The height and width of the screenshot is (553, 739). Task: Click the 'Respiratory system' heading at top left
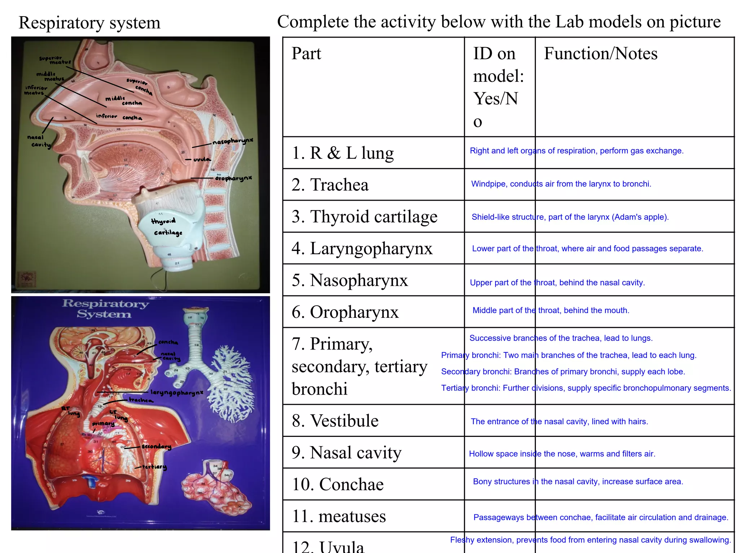point(89,23)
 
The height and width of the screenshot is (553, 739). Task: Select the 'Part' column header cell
point(306,54)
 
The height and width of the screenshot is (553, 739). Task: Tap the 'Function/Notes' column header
point(600,54)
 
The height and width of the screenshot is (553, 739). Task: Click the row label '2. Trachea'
point(330,185)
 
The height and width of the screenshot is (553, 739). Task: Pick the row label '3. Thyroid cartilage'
point(364,217)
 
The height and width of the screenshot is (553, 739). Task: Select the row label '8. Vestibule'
point(335,421)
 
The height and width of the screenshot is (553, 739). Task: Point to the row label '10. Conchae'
point(337,484)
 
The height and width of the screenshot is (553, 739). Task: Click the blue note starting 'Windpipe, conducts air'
point(561,184)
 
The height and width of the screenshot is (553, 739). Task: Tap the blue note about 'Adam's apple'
point(570,217)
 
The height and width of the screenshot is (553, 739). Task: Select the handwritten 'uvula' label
point(202,159)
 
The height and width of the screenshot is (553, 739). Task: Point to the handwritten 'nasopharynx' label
point(233,141)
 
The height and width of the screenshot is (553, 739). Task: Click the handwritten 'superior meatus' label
point(55,60)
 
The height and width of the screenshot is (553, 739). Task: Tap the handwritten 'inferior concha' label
point(119,117)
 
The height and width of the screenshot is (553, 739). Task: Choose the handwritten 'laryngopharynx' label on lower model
point(177,392)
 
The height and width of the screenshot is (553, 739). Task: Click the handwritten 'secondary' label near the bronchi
point(156,447)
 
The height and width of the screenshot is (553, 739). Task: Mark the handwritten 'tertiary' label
point(154,467)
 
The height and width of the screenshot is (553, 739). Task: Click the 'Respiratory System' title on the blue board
point(105,308)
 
